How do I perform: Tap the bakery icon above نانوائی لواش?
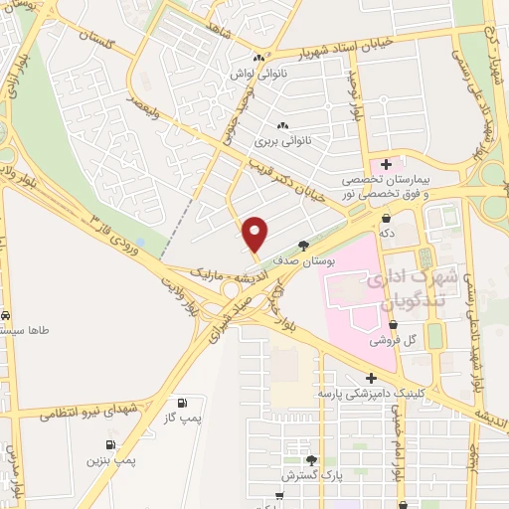(x=259, y=58)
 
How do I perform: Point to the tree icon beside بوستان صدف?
(x=303, y=244)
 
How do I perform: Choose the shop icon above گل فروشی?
(x=393, y=324)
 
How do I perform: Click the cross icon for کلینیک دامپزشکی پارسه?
(x=370, y=378)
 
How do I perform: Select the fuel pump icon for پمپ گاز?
(x=182, y=403)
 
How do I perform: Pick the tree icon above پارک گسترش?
(x=312, y=460)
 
